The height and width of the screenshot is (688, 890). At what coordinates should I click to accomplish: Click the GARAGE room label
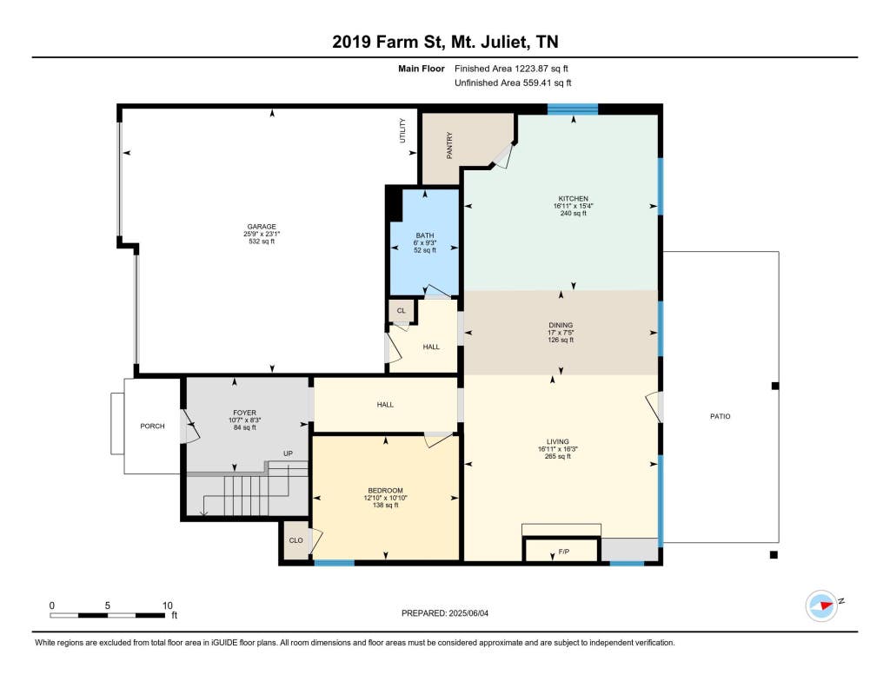pyautogui.click(x=261, y=227)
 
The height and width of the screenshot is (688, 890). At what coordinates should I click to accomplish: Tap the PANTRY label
pyautogui.click(x=449, y=145)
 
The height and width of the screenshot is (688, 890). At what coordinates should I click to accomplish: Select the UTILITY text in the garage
pyautogui.click(x=402, y=130)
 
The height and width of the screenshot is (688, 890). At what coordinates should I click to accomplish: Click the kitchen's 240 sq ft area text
pyautogui.click(x=574, y=214)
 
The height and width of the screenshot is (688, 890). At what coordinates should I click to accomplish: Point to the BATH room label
pyautogui.click(x=424, y=235)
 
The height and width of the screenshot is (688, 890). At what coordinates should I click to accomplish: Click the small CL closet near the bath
pyautogui.click(x=402, y=310)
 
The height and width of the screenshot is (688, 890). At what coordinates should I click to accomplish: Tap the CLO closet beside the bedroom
pyautogui.click(x=296, y=540)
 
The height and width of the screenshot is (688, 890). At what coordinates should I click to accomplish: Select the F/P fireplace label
pyautogui.click(x=563, y=552)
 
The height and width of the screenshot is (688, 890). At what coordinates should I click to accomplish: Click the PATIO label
pyautogui.click(x=721, y=416)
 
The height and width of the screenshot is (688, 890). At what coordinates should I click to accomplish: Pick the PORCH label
pyautogui.click(x=152, y=426)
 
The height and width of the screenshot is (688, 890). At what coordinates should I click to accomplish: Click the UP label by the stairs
pyautogui.click(x=288, y=453)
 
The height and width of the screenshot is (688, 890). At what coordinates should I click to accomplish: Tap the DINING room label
pyautogui.click(x=561, y=326)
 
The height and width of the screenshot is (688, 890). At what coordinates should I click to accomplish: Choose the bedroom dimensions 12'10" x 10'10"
pyautogui.click(x=385, y=498)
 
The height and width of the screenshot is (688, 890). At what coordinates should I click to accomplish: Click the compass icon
pyautogui.click(x=821, y=605)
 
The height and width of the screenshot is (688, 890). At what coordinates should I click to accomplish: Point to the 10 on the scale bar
pyautogui.click(x=168, y=605)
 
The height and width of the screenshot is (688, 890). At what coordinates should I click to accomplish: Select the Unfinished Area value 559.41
pyautogui.click(x=539, y=83)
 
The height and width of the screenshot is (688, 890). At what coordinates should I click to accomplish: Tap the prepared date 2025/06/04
pyautogui.click(x=468, y=613)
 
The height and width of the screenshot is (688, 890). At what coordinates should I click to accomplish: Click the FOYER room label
pyautogui.click(x=244, y=413)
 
